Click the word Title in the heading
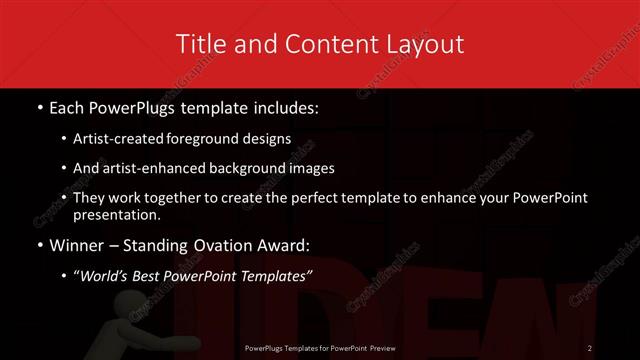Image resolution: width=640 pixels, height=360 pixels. coord(197,44)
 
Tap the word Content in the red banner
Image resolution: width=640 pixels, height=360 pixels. coord(314,44)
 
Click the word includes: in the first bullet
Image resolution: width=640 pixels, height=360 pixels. coord(282,105)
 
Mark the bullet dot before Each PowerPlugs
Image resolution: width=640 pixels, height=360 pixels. coord(38,105)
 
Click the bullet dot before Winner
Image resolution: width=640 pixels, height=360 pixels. coord(38,246)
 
